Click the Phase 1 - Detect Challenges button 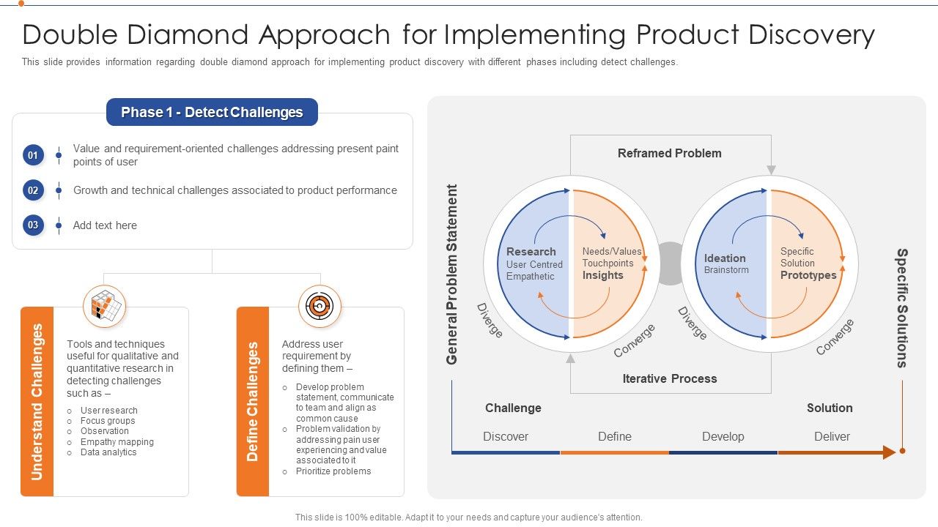click(x=212, y=112)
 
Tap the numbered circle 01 click(x=33, y=155)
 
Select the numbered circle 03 click(x=33, y=225)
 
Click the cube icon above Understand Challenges click(x=104, y=306)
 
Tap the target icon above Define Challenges click(x=320, y=306)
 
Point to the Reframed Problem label click(x=669, y=153)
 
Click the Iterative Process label click(x=669, y=378)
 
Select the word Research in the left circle click(x=531, y=252)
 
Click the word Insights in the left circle click(x=602, y=275)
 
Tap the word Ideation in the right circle click(x=725, y=258)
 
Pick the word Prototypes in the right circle click(x=808, y=275)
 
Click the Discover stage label click(x=505, y=436)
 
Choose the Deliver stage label click(x=832, y=436)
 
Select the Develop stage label click(x=723, y=436)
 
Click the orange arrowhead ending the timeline click(x=889, y=452)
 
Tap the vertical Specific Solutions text click(x=902, y=307)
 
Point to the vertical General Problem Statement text click(x=451, y=274)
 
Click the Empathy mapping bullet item click(x=117, y=442)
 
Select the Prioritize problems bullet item click(x=333, y=471)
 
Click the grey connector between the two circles click(x=671, y=263)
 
